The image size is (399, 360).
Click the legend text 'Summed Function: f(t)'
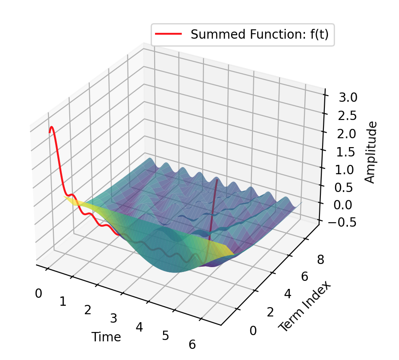(259, 35)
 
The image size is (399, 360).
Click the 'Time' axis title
(106, 337)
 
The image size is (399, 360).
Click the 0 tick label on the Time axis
(39, 293)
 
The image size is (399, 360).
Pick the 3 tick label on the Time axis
(114, 319)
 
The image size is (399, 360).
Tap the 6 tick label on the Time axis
(192, 344)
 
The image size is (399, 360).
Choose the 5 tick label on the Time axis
(166, 336)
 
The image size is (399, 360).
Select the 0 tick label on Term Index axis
(253, 330)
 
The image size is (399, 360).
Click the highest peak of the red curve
(52, 127)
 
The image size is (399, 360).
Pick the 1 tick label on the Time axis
(63, 302)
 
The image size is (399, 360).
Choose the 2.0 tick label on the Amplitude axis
(346, 133)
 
